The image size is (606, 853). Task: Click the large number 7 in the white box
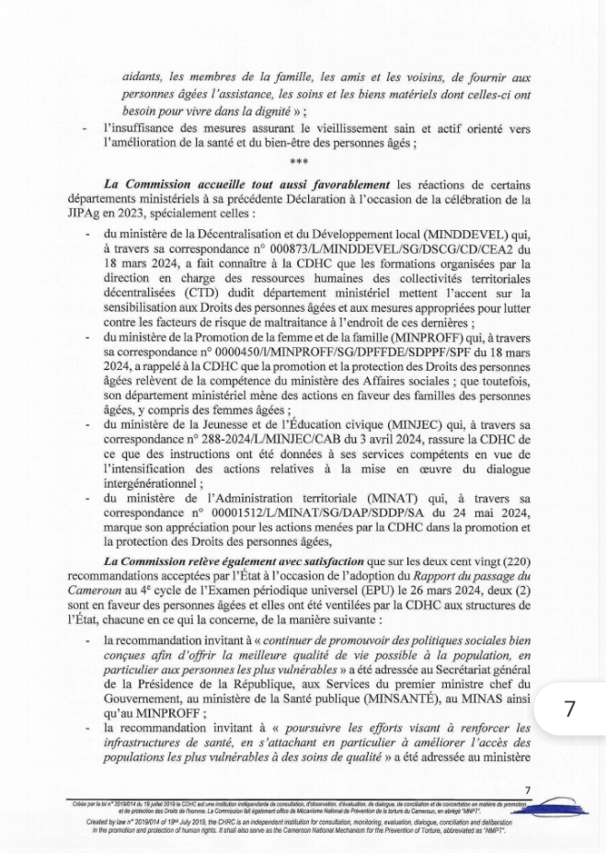pyautogui.click(x=570, y=709)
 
